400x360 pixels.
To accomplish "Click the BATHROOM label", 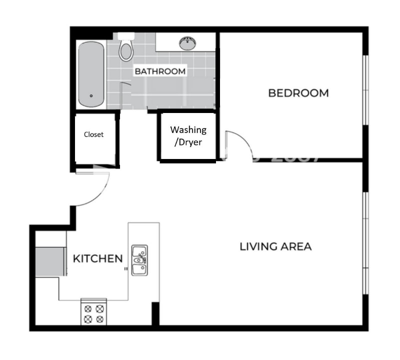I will click(x=160, y=71).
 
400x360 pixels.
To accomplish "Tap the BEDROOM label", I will click(x=298, y=93).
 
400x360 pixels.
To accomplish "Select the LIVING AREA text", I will click(x=275, y=246).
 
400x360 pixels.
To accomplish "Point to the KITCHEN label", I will click(x=98, y=258).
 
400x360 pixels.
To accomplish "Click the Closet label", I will click(x=94, y=134).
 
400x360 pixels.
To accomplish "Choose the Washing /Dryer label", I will click(x=188, y=135).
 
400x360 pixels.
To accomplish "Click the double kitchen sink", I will click(x=139, y=260).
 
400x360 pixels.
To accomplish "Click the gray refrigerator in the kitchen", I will click(x=51, y=260).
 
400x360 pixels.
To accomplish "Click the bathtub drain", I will click(x=91, y=96).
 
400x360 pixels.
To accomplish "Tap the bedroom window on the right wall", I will click(x=365, y=90).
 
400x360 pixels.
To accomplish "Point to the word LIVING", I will click(x=257, y=246).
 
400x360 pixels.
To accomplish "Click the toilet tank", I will click(x=126, y=36).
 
